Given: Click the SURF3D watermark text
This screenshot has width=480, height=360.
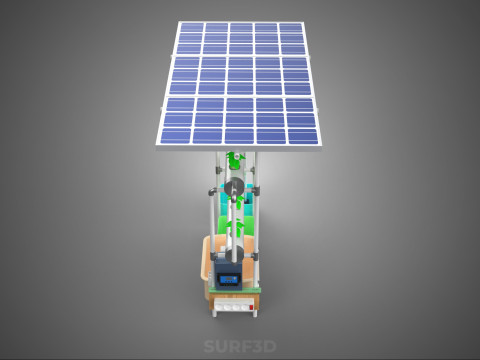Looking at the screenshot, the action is pos(240,346).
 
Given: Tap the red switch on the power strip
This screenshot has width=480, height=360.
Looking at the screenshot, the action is pos(251,307).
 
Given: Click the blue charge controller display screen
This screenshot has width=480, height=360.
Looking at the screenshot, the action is pos(228,278).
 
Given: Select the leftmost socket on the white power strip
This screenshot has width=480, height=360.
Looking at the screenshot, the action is pos(220,307).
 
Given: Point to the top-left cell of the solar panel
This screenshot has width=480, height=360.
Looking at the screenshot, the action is pos(191,27).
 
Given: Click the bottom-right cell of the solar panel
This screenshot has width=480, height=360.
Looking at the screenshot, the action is pos(302,136).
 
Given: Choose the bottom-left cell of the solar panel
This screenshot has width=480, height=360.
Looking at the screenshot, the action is pos(176,136).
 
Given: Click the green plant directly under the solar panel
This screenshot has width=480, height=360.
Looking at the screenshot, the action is pos(235,160).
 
